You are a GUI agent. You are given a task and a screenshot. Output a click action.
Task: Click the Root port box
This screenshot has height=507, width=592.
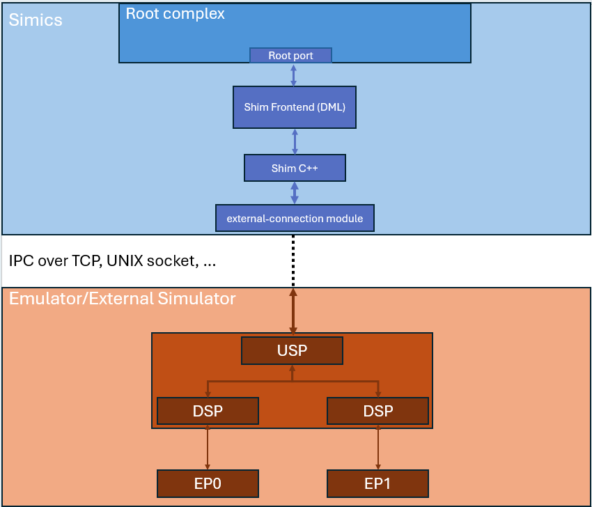290,56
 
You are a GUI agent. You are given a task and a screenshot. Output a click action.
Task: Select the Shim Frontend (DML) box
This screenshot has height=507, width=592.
295,107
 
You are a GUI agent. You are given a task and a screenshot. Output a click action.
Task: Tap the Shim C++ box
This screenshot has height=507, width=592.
295,168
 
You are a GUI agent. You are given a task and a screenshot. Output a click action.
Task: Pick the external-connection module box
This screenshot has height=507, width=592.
295,218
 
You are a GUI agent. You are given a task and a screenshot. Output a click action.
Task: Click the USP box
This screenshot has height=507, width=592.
292,350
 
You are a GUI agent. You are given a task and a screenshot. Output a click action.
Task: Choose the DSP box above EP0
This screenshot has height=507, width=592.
208,411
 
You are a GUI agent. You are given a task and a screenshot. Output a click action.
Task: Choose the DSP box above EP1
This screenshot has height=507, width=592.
377,411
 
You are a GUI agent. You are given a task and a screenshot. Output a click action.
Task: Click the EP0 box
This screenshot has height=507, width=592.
208,483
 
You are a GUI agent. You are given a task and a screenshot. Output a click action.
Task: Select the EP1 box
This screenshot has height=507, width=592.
377,483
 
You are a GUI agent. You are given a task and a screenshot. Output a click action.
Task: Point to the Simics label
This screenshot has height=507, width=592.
36,20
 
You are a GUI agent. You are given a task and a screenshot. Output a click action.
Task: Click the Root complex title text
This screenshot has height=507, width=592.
175,14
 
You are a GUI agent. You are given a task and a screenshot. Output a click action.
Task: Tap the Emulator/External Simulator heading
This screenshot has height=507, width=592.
123,299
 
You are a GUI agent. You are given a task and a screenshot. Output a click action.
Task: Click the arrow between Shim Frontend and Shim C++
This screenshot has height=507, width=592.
295,141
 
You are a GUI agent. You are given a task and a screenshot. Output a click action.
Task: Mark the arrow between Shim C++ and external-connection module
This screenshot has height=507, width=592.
295,193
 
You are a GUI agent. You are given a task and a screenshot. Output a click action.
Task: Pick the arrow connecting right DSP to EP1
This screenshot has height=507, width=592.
378,447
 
